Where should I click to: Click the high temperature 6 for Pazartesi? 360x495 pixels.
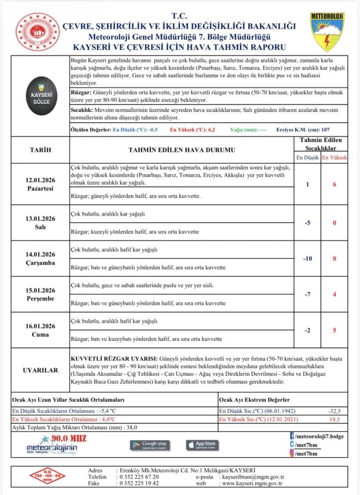coord(335,184)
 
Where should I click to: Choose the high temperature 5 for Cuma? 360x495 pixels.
coord(335,330)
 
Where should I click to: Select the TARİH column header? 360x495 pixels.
coord(40,150)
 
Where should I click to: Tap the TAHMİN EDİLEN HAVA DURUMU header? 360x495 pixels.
coord(181,150)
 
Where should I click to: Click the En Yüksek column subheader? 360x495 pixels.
coord(335,158)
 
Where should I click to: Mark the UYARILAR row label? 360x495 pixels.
coord(40,369)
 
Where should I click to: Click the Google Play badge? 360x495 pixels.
coord(150,445)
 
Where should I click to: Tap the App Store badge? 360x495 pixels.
coord(202,445)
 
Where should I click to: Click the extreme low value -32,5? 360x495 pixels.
coord(335,411)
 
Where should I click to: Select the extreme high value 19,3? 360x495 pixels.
coord(335,420)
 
